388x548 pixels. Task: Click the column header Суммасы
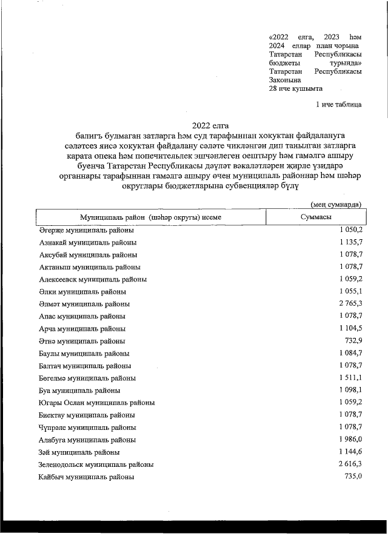click(x=315, y=217)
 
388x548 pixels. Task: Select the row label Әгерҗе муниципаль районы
click(x=87, y=230)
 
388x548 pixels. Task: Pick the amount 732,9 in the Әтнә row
click(x=353, y=341)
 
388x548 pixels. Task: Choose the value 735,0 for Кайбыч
click(x=353, y=477)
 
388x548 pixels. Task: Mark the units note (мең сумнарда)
click(x=336, y=205)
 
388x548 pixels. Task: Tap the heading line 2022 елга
click(x=204, y=125)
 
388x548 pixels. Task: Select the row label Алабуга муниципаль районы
click(x=87, y=440)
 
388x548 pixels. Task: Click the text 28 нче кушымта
click(x=295, y=88)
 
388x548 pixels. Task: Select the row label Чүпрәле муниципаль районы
click(x=87, y=428)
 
